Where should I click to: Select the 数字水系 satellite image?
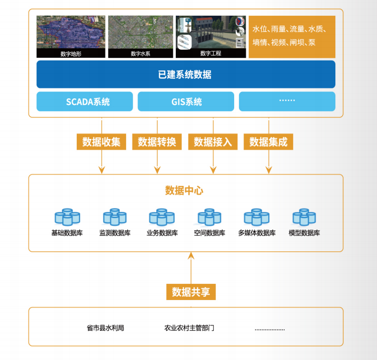point(140,36)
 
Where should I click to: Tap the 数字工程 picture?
point(211,36)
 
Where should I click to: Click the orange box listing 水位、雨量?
point(292,36)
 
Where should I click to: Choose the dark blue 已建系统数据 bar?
point(186,75)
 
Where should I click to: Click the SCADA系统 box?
point(84,102)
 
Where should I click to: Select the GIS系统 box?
point(186,102)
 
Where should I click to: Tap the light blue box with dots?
point(287,102)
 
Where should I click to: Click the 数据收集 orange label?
point(102,142)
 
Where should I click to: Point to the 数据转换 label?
point(157,142)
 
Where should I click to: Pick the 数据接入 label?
point(213,142)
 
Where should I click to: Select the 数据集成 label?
point(268,142)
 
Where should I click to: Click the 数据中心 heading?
point(184,191)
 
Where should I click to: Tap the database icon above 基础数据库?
point(67,217)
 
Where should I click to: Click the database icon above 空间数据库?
point(209,217)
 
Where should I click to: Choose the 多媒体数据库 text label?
point(257,234)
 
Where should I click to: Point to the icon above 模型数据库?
point(305,217)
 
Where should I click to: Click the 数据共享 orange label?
point(191,292)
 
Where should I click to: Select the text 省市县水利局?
point(105,328)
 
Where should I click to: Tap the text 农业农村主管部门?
point(189,328)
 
